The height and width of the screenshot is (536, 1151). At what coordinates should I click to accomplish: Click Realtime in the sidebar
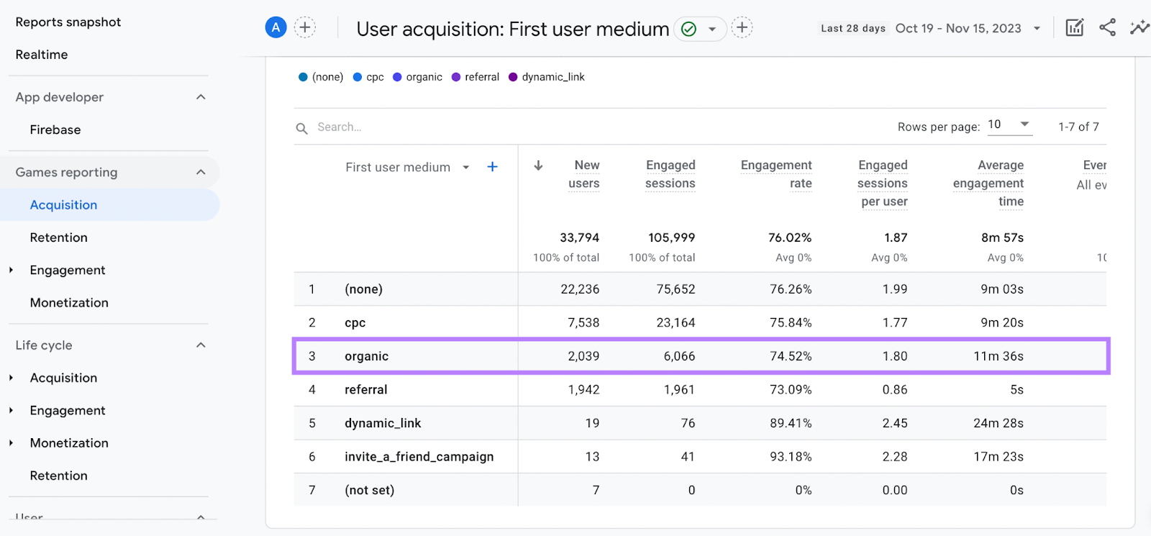coord(42,55)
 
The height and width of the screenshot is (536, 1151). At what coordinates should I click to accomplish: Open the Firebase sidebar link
coord(55,130)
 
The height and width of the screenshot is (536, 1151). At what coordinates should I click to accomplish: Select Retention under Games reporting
coord(59,237)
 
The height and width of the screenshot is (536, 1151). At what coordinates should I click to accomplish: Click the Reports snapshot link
coord(68,22)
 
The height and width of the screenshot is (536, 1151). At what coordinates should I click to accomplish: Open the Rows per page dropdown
coord(1009,125)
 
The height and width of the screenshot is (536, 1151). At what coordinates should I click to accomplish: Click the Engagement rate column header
coord(776,174)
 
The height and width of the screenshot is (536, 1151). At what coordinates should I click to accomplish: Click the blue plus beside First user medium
coord(493,167)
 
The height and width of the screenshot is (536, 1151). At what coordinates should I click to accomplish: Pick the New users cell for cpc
coord(583,322)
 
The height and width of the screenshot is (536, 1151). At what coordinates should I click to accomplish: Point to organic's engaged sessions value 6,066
coord(679,356)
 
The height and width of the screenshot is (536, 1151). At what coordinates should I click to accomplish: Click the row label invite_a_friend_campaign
coord(419,457)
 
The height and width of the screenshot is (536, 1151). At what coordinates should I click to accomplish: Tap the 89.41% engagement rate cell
coord(791,423)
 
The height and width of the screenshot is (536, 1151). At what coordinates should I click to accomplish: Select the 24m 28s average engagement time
coord(998,423)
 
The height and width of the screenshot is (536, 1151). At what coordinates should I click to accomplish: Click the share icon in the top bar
coord(1107,28)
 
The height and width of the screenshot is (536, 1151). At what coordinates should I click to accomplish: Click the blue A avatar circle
coord(276,28)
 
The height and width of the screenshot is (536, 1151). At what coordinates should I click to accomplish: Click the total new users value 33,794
coord(579,237)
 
